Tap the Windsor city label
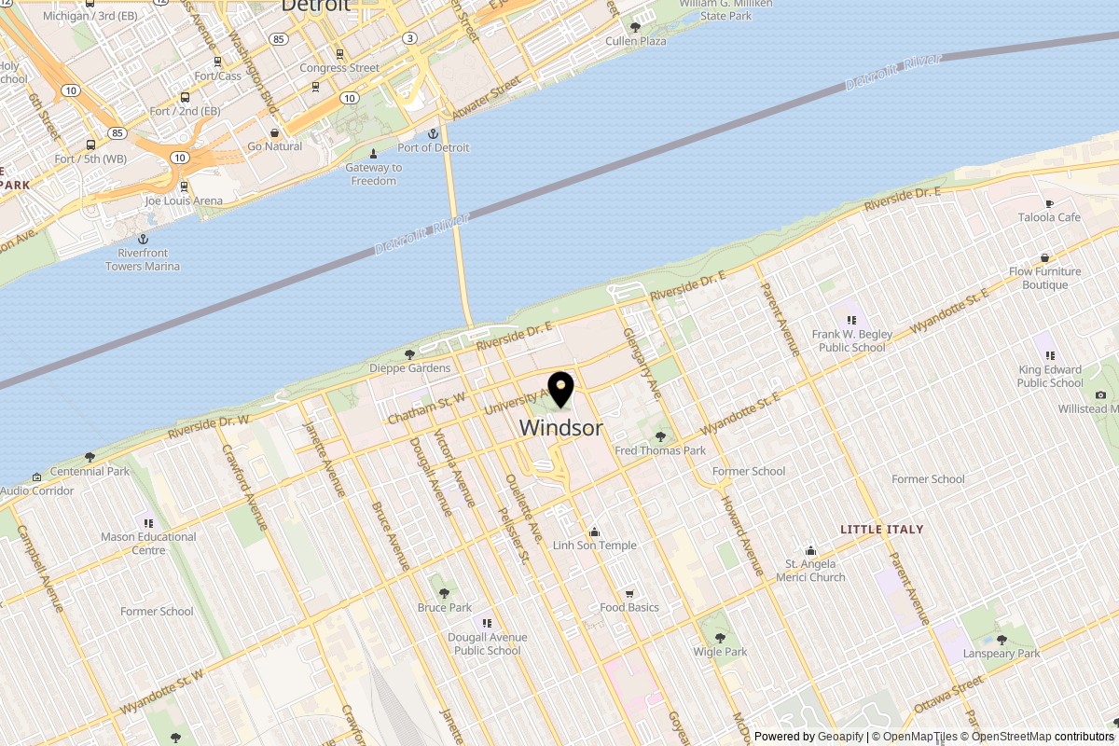[x=560, y=428]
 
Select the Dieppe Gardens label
[x=409, y=367]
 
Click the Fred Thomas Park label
[x=660, y=450]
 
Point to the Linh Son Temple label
[x=594, y=546]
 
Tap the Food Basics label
[x=629, y=607]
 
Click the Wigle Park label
[x=720, y=652]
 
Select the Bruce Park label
[x=444, y=607]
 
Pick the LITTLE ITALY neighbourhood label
[x=881, y=529]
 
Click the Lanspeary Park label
[x=1002, y=654]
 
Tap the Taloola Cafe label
[x=1049, y=217]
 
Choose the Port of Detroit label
[x=433, y=147]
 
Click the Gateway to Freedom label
[x=374, y=174]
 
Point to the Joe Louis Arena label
[x=184, y=200]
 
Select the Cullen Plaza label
[x=636, y=41]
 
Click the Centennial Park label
[x=90, y=471]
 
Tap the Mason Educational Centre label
[x=148, y=543]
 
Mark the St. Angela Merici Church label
[x=810, y=570]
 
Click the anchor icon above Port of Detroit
[x=433, y=133]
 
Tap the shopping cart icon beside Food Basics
[x=629, y=593]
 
